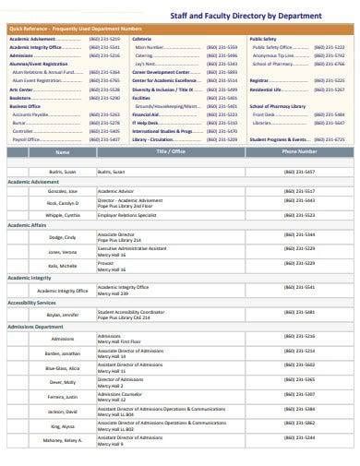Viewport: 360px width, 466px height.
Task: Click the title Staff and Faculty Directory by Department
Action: [268, 16]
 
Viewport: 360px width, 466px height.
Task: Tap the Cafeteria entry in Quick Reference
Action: [142, 39]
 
